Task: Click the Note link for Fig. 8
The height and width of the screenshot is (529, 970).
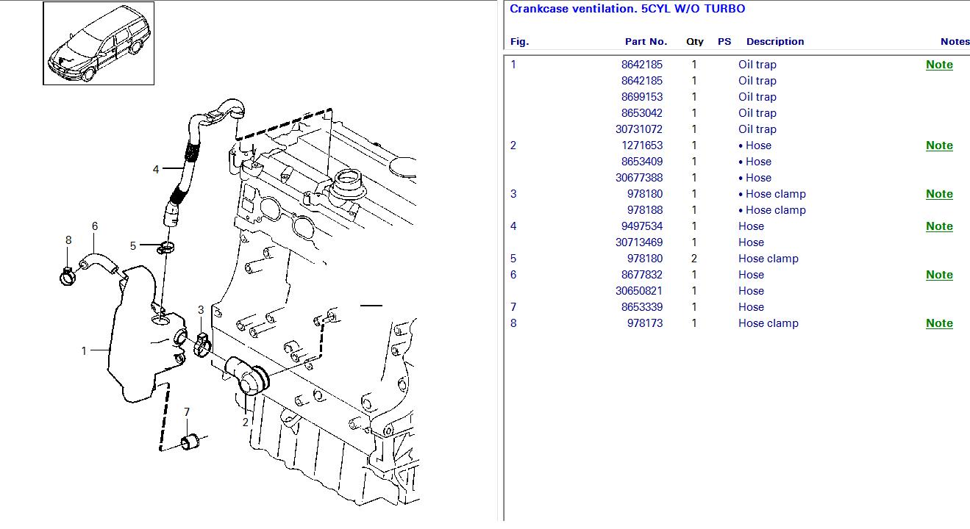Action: coord(939,323)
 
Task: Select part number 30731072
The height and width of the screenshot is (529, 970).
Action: coord(639,129)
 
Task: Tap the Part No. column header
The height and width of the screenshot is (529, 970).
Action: coord(646,42)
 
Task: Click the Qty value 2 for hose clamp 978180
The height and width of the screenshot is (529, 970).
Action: coord(693,258)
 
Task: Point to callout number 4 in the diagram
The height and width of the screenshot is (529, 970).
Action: coord(156,169)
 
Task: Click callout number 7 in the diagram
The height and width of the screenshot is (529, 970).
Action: coord(187,411)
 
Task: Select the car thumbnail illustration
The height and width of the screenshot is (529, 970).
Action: coord(99,43)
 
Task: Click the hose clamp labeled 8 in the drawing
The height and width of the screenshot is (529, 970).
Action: coord(68,276)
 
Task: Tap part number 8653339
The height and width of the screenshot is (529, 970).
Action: coord(642,306)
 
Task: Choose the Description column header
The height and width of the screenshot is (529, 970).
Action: coord(775,42)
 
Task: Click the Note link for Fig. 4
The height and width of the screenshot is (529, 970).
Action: coord(939,226)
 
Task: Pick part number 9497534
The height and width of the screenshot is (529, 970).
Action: coord(642,226)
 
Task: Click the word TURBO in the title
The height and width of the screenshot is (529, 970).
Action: coord(724,9)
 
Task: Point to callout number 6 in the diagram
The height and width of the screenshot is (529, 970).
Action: coord(95,226)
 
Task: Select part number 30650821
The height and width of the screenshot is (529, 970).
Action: coord(639,291)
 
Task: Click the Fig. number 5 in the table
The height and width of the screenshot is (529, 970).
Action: coord(513,258)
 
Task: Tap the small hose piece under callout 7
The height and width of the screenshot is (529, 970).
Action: coord(190,442)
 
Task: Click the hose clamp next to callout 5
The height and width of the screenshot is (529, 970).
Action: coord(166,248)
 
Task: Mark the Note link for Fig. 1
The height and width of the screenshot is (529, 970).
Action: coord(939,65)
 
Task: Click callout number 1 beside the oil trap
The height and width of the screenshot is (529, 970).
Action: coord(84,350)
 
